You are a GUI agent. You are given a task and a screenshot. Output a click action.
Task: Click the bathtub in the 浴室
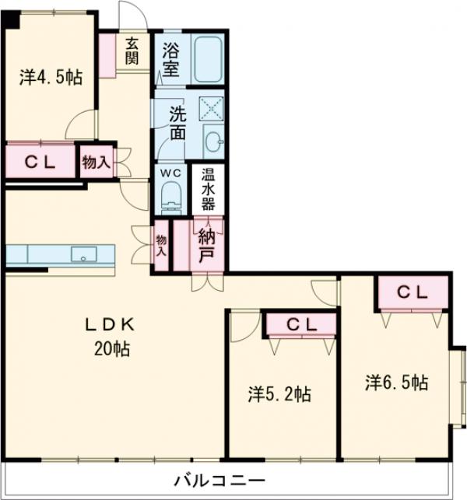click(208, 59)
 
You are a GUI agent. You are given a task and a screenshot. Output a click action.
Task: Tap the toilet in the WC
click(171, 197)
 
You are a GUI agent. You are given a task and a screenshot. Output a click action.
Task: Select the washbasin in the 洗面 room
click(213, 141)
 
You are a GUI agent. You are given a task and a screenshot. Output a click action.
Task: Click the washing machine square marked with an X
click(212, 108)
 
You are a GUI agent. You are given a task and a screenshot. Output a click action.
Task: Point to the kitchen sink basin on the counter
click(83, 253)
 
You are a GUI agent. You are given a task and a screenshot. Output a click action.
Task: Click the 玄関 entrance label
click(132, 51)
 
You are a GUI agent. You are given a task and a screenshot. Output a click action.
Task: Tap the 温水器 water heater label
click(208, 189)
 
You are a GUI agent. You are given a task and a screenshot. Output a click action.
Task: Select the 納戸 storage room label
click(206, 246)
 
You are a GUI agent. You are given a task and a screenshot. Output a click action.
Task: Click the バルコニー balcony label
click(219, 480)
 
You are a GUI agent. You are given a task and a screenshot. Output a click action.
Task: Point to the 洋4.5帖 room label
click(51, 78)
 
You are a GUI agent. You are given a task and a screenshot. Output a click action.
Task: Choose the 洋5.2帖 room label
click(279, 394)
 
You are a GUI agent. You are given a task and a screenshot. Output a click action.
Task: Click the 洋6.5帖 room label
click(396, 383)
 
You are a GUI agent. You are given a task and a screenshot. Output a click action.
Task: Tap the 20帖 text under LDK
click(112, 349)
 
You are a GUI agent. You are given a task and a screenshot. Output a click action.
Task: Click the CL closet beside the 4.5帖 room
click(40, 161)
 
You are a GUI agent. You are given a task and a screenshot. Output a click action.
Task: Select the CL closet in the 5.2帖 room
click(301, 324)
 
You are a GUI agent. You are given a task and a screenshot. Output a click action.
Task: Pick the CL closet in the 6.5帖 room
click(413, 292)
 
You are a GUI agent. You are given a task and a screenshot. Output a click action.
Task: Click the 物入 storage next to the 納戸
click(161, 246)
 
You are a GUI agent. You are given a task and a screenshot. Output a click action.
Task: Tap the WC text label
click(170, 173)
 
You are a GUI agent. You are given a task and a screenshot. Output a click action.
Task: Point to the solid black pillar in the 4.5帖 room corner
click(11, 19)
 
